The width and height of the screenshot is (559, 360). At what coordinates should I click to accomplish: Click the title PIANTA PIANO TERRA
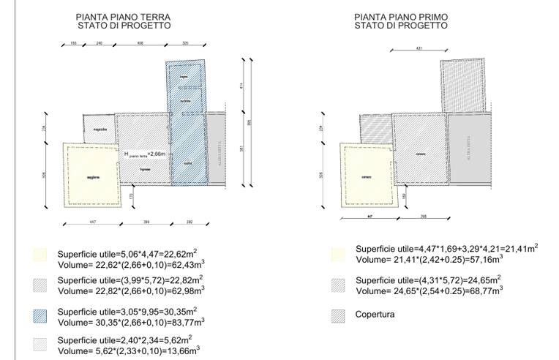pos(124,16)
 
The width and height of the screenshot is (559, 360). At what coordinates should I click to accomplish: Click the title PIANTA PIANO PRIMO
pos(401,16)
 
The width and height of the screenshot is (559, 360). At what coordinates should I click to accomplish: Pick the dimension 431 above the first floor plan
pos(419,49)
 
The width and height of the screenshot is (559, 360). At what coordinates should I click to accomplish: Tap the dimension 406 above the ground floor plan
pos(139,44)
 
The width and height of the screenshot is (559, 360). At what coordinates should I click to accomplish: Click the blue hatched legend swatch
pos(40,315)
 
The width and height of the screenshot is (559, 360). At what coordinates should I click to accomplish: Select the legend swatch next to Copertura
pos(339,316)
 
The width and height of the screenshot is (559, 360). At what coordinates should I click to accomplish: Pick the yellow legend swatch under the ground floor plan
pos(40,255)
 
